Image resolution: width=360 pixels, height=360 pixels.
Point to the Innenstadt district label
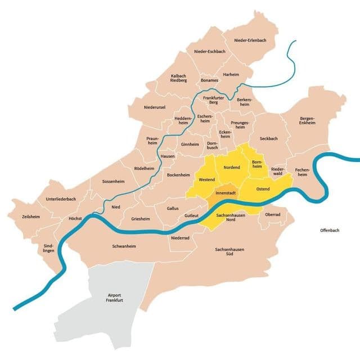pos(226,193)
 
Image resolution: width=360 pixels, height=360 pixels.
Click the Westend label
pos(207,179)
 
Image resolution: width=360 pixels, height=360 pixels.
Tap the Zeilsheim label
pos(31,215)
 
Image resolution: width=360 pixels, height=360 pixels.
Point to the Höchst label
pos(75,218)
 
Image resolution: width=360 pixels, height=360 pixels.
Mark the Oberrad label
pos(272,214)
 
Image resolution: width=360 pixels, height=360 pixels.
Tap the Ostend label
pos(263,189)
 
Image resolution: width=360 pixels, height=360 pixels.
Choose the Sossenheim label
pos(113,182)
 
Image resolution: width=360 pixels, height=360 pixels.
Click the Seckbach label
pos(269,138)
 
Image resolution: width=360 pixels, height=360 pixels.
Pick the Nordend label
pos(232,168)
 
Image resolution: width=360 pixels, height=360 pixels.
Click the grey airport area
pos(112,315)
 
